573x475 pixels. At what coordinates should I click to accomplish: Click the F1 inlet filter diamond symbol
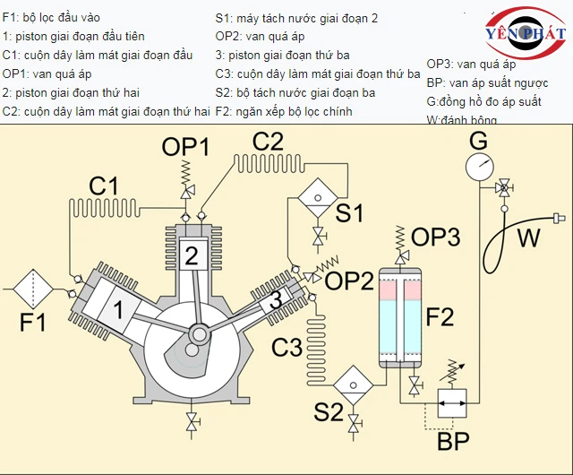(x=33, y=289)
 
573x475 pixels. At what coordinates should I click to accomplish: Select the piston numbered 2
(x=191, y=256)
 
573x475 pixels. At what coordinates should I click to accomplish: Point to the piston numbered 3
(x=276, y=299)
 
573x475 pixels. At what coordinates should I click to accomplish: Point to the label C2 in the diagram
(x=268, y=141)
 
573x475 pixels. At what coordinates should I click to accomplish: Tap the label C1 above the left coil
(x=103, y=186)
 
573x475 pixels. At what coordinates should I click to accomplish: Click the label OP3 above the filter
(x=435, y=237)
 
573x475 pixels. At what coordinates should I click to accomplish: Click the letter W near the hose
(x=530, y=237)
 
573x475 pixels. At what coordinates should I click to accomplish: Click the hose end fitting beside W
(x=560, y=218)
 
